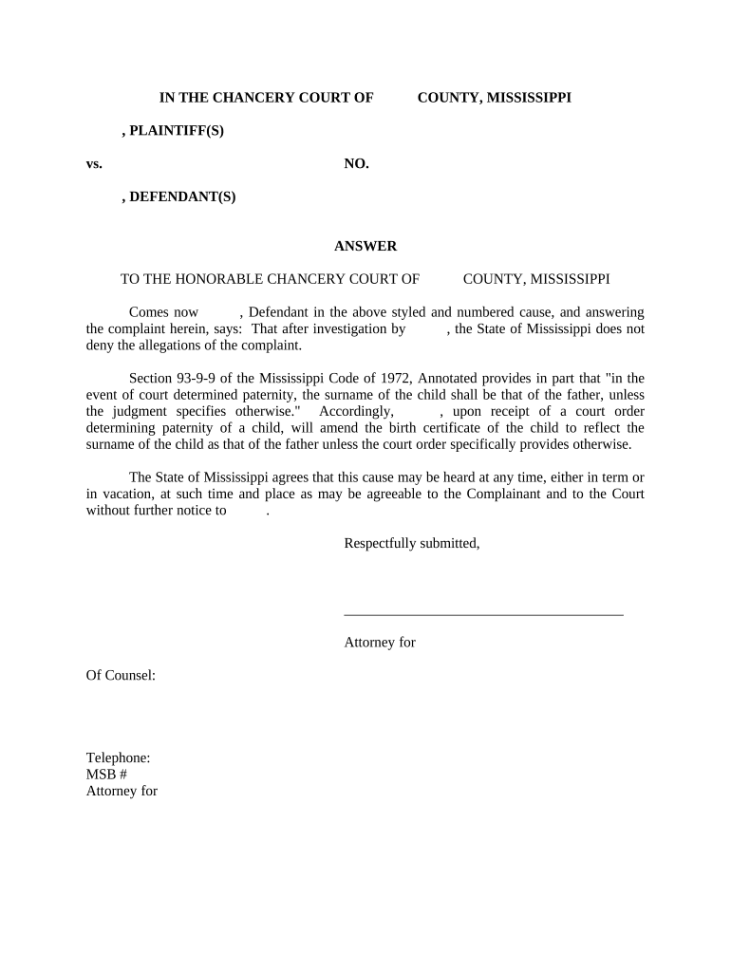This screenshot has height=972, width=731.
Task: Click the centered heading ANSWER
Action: coord(365,246)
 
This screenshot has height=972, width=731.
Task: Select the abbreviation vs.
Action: coord(94,163)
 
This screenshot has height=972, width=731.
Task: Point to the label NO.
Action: coord(356,163)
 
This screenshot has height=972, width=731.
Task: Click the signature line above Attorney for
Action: coord(483,614)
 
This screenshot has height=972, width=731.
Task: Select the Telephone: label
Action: coord(118,757)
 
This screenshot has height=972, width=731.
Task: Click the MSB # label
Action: coord(106,774)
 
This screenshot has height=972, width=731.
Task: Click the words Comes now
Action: coord(163,311)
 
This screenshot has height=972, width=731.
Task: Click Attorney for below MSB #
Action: coord(122,790)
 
